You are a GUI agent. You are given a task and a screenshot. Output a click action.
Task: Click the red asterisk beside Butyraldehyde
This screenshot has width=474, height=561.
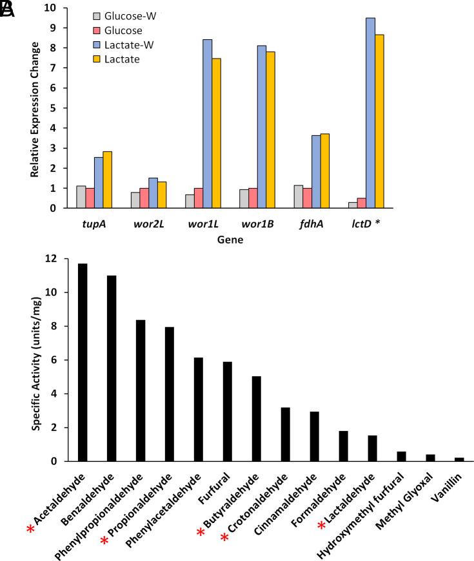click(201, 533)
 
